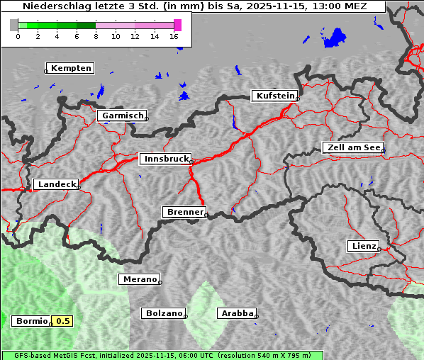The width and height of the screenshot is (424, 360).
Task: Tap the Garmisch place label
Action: [x=123, y=116]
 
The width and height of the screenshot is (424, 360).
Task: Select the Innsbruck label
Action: [x=165, y=159]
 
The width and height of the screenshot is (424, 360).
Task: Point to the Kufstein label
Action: [x=274, y=96]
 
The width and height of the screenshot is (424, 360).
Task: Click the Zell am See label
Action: [x=353, y=147]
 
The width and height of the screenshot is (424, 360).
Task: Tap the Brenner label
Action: [x=185, y=212]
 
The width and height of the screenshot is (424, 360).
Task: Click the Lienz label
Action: [x=363, y=246]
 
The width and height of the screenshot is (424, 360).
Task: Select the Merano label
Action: [x=139, y=279]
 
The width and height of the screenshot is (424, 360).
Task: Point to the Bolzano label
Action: [x=164, y=313]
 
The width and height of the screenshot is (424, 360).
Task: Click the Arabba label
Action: [x=236, y=313]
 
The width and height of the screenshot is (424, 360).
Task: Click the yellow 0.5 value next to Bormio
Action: [x=63, y=321]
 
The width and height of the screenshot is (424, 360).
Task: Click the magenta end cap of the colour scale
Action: [x=177, y=25]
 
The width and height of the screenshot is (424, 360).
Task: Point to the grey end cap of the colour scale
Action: [x=14, y=25]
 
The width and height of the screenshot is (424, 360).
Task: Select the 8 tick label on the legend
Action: [x=96, y=36]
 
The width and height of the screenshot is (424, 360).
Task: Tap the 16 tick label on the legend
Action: [x=174, y=36]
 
